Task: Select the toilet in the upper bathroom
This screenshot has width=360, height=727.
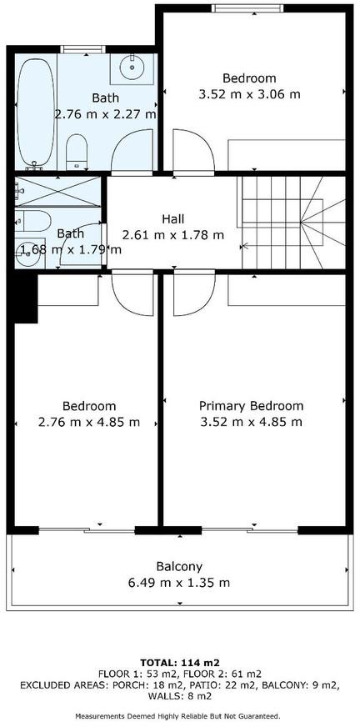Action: [x=77, y=152]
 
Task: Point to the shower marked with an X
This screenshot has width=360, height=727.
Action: [x=57, y=192]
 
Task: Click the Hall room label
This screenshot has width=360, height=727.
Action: [x=172, y=218]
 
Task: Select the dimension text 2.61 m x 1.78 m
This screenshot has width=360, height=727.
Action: [x=172, y=235]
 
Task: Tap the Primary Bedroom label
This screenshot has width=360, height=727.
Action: [x=251, y=406]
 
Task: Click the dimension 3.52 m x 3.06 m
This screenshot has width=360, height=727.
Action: [x=249, y=94]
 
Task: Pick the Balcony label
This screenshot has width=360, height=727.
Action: [x=179, y=567]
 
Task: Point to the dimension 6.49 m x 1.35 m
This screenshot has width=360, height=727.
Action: [x=179, y=583]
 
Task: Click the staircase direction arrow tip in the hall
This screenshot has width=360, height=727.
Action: [x=242, y=246]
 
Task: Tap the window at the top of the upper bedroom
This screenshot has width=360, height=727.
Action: [x=247, y=8]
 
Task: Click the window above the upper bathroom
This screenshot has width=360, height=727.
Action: [x=83, y=49]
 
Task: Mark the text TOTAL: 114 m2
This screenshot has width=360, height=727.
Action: [x=180, y=662]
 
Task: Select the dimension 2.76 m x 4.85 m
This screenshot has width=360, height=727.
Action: [x=89, y=423]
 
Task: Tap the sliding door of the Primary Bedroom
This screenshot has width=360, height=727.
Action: [x=250, y=529]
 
